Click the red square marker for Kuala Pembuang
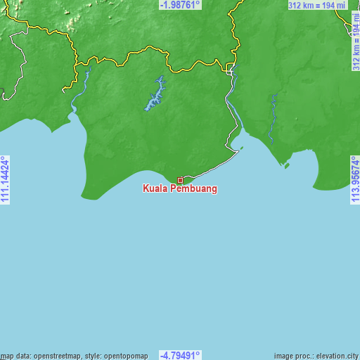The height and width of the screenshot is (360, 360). (x=180, y=181)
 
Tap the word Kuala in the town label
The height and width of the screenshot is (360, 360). (x=155, y=189)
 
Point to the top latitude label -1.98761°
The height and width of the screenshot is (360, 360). (x=180, y=5)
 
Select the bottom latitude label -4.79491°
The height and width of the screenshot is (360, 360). (x=180, y=355)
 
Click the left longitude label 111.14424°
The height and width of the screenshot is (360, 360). (x=5, y=180)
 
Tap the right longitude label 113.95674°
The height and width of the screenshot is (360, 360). (x=355, y=180)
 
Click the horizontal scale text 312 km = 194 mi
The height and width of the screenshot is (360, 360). (x=317, y=6)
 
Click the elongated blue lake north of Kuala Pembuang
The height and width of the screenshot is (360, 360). (x=155, y=94)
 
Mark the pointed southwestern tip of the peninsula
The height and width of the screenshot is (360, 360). (x=84, y=198)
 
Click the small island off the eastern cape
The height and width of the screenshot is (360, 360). (x=285, y=166)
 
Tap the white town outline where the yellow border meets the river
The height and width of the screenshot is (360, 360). (x=231, y=67)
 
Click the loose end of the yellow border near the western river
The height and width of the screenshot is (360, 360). (x=63, y=91)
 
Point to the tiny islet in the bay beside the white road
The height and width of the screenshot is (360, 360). (x=242, y=148)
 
